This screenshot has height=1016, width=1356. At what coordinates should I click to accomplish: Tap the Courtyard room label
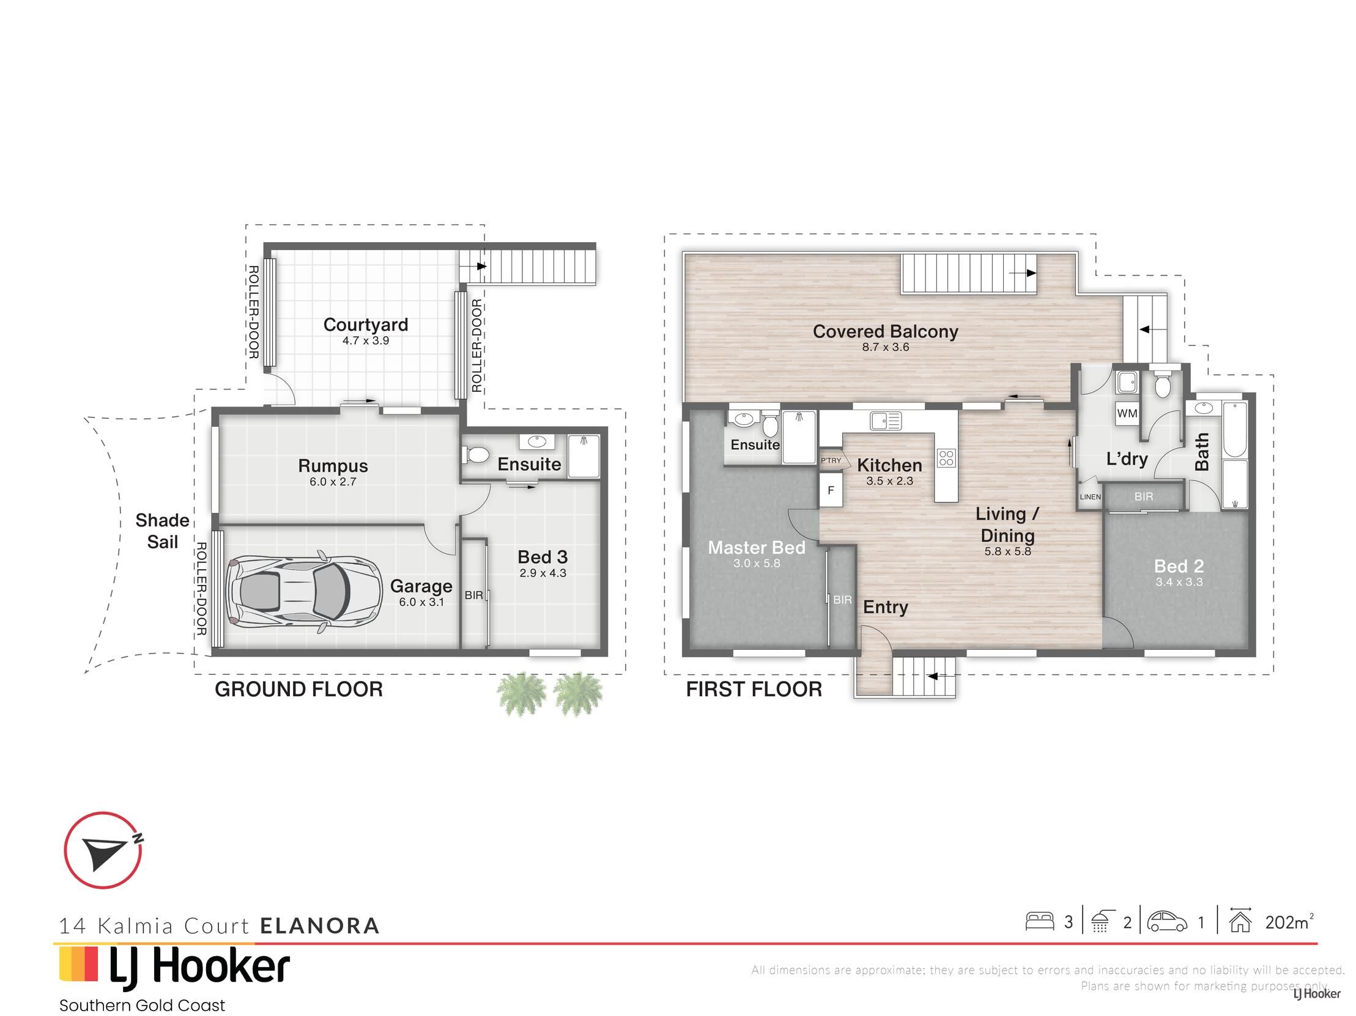point(365,325)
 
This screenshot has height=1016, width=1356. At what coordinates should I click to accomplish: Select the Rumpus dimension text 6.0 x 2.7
point(333,482)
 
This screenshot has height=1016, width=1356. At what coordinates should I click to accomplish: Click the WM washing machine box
point(1127,413)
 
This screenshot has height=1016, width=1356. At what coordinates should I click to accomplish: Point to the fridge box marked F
point(831,490)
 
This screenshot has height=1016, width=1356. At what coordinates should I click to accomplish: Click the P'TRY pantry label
point(831,460)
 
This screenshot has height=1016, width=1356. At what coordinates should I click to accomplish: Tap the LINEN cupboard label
point(1090,497)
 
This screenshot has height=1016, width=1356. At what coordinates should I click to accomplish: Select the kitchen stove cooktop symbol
point(946,458)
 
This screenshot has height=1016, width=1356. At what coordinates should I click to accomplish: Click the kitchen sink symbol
point(886,421)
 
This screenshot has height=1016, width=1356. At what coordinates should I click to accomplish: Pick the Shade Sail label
point(162,531)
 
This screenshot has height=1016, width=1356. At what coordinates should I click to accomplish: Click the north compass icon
point(103,850)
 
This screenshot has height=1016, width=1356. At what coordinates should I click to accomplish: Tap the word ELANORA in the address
point(320,926)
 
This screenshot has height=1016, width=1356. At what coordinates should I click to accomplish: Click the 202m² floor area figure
point(1289,922)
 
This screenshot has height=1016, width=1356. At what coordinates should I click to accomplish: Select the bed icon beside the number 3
point(1040,922)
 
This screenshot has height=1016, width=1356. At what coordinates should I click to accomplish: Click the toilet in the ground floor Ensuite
point(475,455)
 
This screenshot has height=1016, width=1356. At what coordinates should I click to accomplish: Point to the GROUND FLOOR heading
point(298,690)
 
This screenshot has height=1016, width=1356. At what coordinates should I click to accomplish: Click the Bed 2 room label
point(1179,566)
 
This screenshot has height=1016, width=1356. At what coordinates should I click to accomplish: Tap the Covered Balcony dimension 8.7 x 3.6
point(885,347)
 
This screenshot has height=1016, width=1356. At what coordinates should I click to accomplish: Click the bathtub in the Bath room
point(1234,430)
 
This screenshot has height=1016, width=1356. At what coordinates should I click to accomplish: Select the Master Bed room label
point(757,548)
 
